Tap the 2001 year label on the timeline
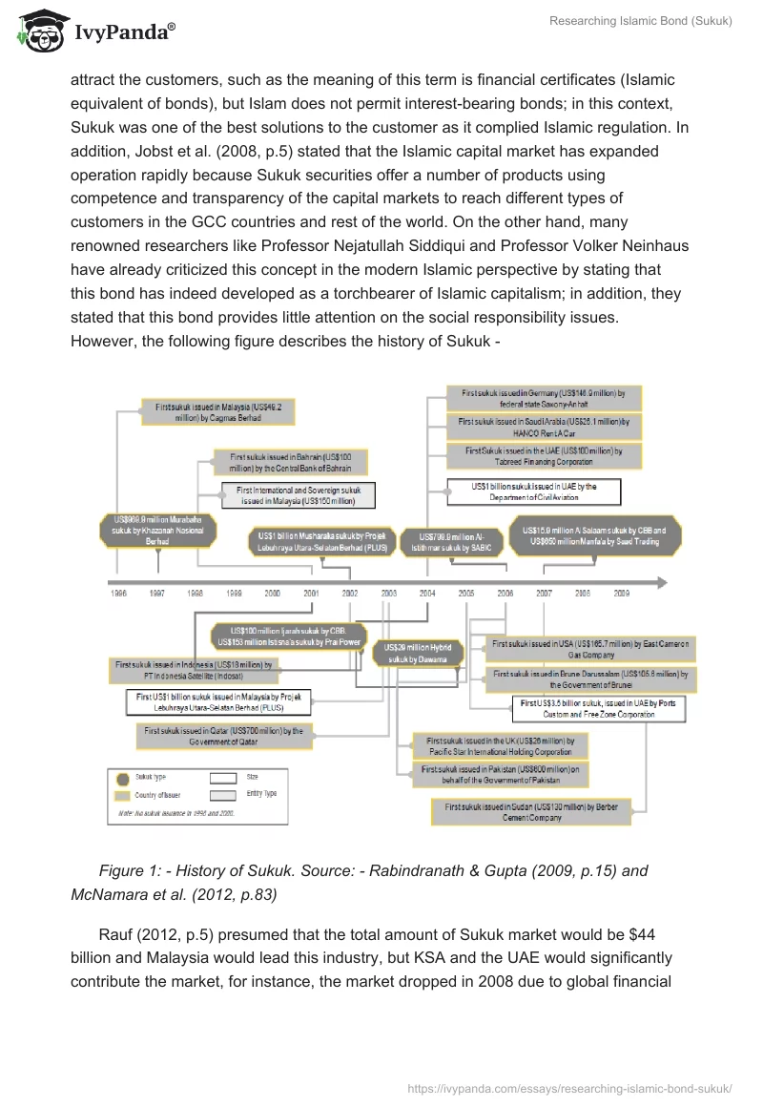pos(311,593)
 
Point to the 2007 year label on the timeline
pos(544,593)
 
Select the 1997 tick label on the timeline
pos(157,593)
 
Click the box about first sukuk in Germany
pos(544,398)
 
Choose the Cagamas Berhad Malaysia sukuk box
pos(218,411)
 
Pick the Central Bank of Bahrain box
pos(289,463)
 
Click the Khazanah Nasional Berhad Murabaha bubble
pos(157,532)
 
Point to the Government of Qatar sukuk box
pos(223,736)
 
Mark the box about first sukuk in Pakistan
pos(500,773)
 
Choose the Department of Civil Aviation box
pos(535,491)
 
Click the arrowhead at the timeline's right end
pos(659,581)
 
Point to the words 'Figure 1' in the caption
pos(129,870)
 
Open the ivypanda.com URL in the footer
pos(569,1087)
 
